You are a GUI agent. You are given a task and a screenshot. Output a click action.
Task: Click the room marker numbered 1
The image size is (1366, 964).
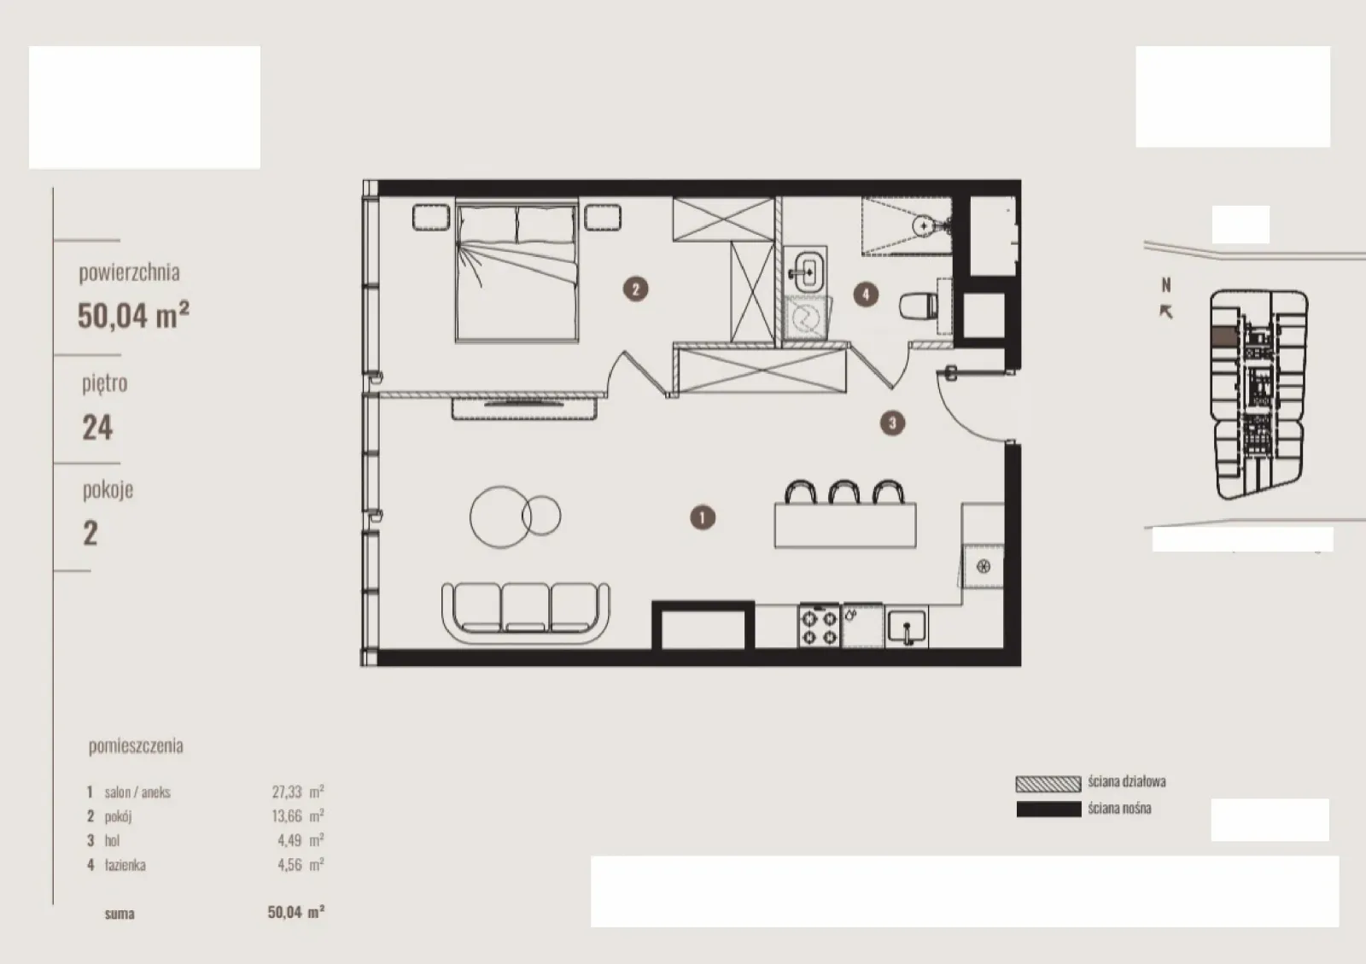702,517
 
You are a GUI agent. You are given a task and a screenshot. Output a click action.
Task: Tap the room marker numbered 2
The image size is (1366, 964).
635,289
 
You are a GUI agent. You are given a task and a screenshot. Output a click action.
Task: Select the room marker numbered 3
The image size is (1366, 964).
892,423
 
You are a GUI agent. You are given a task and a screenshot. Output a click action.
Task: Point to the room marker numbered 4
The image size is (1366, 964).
866,295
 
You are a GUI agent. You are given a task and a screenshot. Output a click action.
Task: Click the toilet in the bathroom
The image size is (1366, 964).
919,306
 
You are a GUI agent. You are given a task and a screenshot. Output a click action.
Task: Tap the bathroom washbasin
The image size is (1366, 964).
806,270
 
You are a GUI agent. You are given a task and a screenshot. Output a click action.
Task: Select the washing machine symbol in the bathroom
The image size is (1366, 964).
806,318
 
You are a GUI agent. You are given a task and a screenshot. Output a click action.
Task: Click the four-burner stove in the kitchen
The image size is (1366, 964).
819,626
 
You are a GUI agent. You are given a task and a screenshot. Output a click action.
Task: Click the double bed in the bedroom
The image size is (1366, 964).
517,272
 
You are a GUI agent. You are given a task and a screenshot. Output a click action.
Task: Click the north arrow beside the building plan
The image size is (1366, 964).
1165,312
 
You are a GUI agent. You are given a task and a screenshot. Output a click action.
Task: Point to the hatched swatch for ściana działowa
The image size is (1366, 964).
1048,784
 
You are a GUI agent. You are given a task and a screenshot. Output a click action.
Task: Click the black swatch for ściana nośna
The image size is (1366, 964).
1048,809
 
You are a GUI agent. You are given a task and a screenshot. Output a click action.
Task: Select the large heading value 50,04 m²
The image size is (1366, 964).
133,315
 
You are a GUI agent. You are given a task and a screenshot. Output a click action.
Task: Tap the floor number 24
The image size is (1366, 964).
97,428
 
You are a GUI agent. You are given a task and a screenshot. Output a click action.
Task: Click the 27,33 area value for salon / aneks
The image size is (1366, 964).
287,792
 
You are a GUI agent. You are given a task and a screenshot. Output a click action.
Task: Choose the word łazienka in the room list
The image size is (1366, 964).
125,865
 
